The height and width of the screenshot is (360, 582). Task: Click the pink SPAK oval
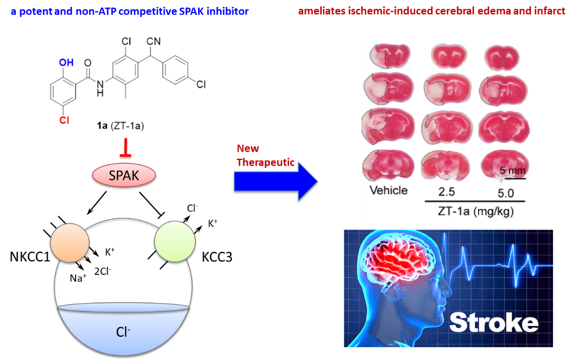[x=124, y=176]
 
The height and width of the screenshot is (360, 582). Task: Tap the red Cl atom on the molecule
[x=64, y=120]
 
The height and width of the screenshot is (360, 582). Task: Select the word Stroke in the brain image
[x=494, y=322]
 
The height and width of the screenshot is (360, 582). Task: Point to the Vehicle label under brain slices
[x=388, y=190]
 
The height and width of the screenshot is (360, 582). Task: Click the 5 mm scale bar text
[x=511, y=170]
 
